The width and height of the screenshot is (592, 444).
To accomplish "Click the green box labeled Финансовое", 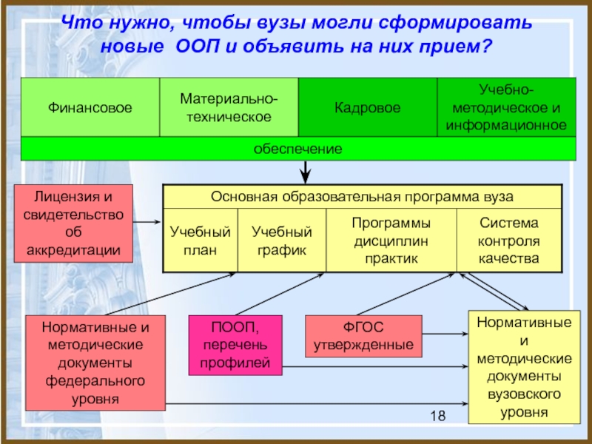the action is coord(90,107).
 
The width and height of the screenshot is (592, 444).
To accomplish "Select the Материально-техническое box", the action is coord(229,107).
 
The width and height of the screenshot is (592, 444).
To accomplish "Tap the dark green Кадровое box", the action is coord(367,107).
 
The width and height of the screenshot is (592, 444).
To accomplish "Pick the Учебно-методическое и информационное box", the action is coord(506,107).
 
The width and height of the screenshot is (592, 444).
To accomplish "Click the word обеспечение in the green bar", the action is coord(298,149).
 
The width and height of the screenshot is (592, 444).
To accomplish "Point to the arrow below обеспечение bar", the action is coord(305,172).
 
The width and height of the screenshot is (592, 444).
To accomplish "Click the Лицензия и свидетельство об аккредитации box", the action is coord(73,223).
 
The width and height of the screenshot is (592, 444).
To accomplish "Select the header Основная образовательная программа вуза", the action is coord(362,197).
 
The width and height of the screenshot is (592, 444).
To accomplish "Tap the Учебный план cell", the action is coord(200,240).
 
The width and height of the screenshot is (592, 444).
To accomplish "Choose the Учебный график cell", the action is coord(282,240).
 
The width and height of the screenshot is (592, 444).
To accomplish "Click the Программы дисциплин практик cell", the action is coord(391,240).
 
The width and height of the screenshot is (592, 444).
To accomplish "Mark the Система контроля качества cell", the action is coord(509,240).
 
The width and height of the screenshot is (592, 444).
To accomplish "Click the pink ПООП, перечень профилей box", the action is coord(235,345).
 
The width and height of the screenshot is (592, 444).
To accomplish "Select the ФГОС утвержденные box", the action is coord(363,336).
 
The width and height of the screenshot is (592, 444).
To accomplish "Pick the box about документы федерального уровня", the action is coord(95,363).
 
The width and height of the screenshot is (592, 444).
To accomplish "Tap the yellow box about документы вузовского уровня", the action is coord(524,367).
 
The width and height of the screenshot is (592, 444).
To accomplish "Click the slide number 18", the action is coord(438,416).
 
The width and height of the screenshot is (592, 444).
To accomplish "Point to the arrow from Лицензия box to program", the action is coord(147,222).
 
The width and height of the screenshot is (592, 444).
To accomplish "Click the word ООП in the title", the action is coord(198,47).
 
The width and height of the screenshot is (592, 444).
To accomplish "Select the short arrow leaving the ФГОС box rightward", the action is coord(445,334).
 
